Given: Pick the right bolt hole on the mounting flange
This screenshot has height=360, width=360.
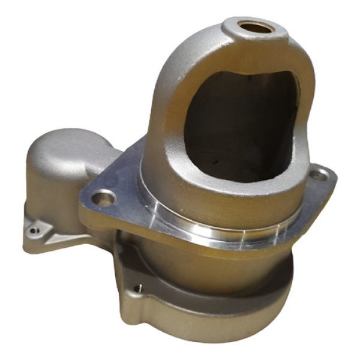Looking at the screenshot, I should pos(319,175).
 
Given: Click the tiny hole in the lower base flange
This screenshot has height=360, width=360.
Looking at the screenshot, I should pos(139,288).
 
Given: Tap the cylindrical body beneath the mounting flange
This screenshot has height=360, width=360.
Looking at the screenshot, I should pos(198,264).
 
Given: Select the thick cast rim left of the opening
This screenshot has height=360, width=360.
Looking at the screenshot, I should pos(171,120).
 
